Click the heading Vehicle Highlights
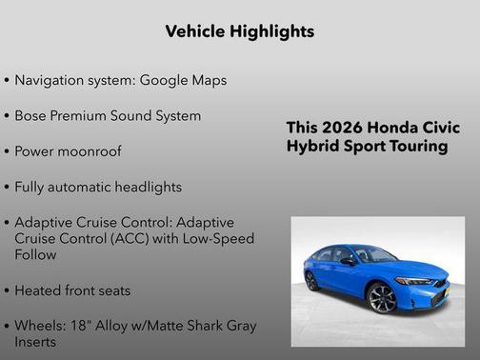(239, 31)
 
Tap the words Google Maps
(183, 80)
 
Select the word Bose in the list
(33, 115)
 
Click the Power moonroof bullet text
(68, 150)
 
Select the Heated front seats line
(72, 290)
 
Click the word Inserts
(35, 341)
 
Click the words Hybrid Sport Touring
(367, 147)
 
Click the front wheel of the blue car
(383, 298)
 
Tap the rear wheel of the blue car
(311, 280)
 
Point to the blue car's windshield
(373, 254)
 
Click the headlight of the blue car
(416, 281)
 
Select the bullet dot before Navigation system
(8, 81)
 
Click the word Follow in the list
(36, 254)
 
